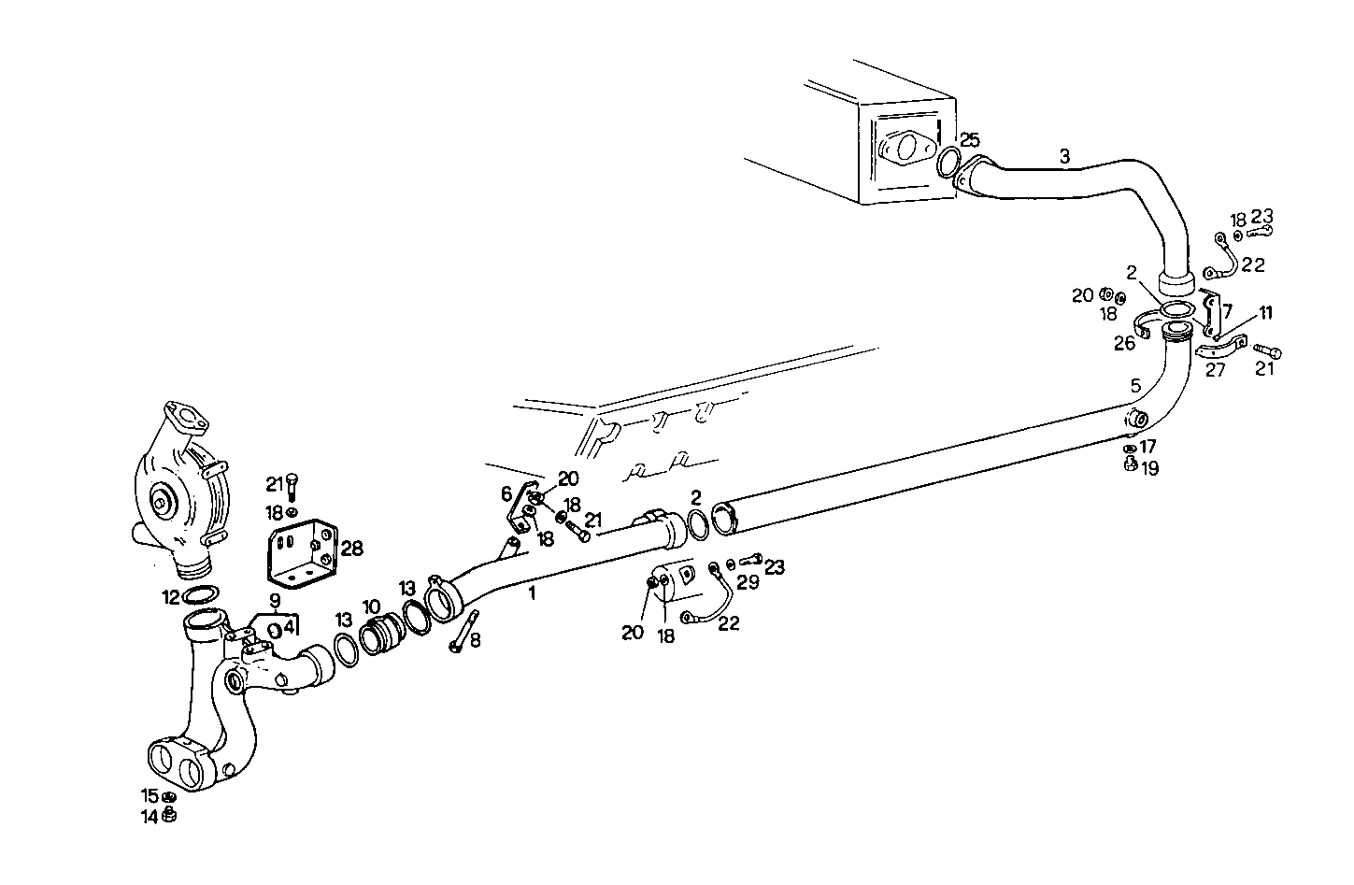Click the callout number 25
point(970,140)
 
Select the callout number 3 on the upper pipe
point(1064,155)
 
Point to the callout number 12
point(170,594)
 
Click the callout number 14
point(150,815)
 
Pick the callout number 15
point(150,796)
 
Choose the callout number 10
point(372,606)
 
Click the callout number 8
point(475,641)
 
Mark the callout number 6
point(506,493)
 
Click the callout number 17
point(1148,447)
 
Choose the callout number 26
point(1124,343)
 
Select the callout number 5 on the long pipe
point(1135,385)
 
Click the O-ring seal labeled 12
point(201,595)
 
